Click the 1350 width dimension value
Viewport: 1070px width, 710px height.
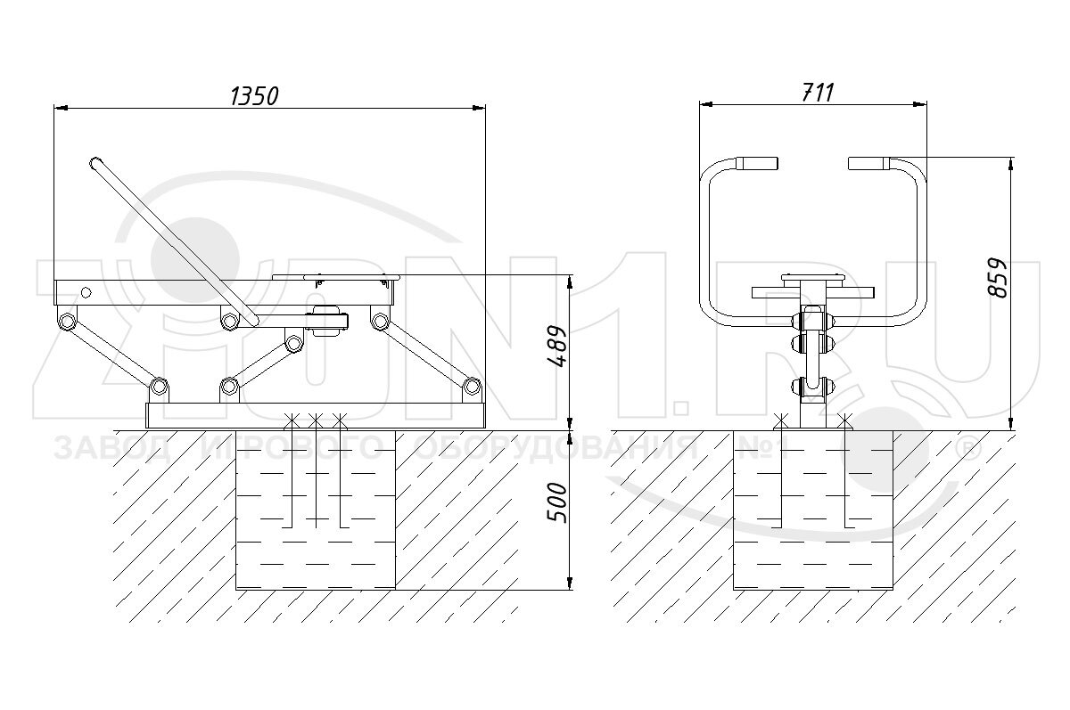tap(255, 95)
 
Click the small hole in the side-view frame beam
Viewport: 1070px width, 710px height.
tap(86, 291)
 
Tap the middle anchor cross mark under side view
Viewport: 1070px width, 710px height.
tap(316, 418)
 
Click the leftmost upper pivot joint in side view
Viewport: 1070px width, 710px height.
tap(65, 320)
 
